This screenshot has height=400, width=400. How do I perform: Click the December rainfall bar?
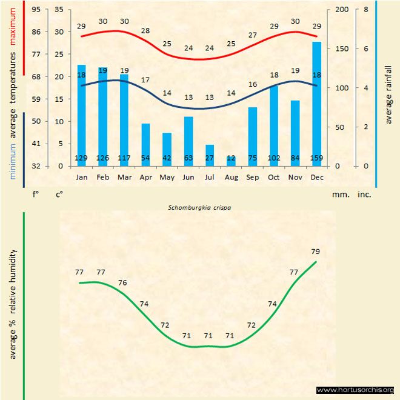(316, 103)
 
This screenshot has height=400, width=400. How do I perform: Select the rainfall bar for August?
(231, 161)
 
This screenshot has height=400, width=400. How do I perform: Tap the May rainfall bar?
(167, 149)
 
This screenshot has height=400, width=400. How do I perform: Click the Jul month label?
(209, 178)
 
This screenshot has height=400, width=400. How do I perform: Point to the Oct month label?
(273, 178)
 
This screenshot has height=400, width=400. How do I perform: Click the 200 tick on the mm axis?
(341, 10)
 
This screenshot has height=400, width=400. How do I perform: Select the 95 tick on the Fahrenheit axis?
(37, 10)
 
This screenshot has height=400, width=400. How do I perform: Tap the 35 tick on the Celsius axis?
(59, 10)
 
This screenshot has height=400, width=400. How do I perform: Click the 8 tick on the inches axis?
(365, 10)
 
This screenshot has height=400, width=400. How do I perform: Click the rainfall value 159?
(316, 159)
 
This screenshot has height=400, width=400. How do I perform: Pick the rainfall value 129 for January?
(82, 159)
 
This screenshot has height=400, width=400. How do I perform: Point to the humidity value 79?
(315, 252)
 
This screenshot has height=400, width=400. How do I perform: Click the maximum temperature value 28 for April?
(145, 31)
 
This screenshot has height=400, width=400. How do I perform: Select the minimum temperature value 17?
(145, 80)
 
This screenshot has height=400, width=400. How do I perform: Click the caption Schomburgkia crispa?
(199, 207)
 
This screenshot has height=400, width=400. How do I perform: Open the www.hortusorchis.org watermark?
(355, 390)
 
